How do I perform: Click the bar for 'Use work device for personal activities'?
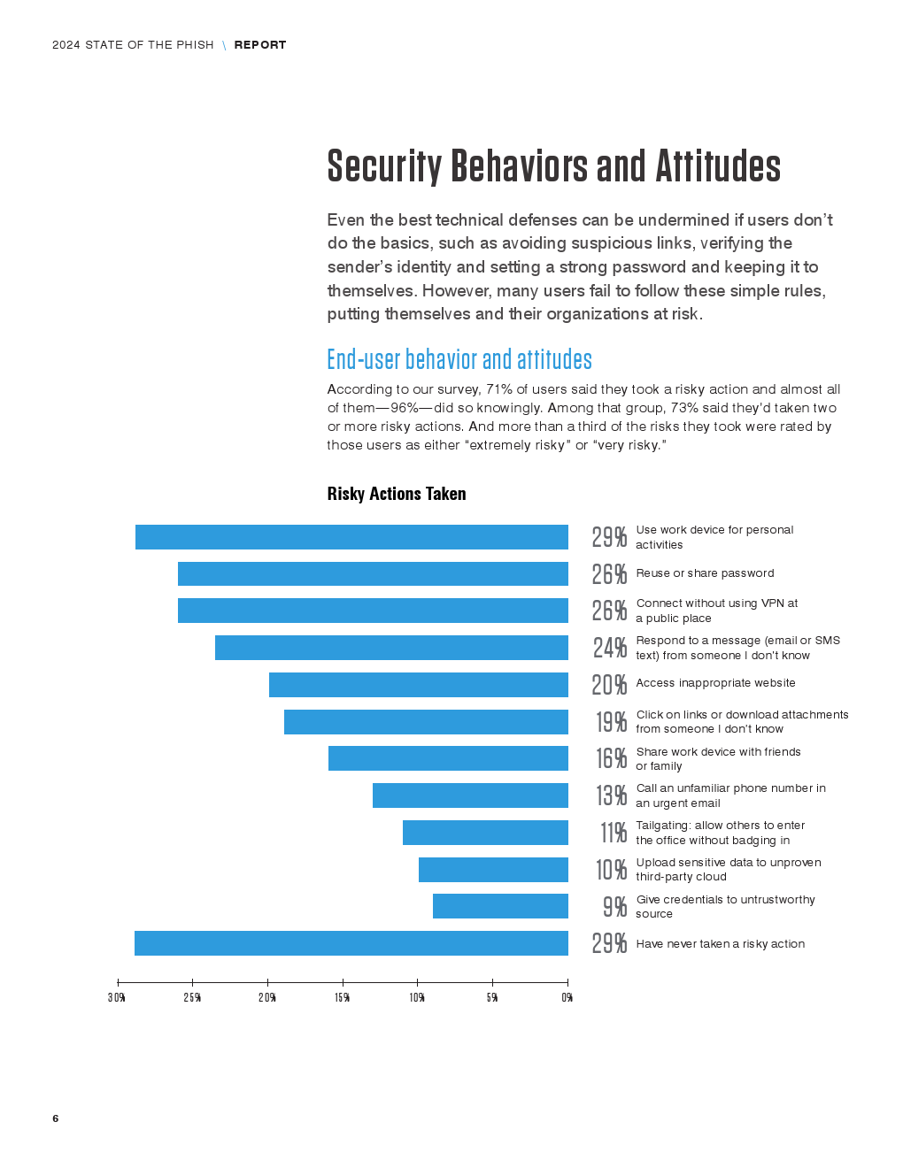pyautogui.click(x=351, y=537)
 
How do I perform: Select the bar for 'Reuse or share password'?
pyautogui.click(x=373, y=573)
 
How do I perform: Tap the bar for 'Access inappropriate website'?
pyautogui.click(x=419, y=685)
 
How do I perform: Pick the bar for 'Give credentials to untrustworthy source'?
pyautogui.click(x=500, y=906)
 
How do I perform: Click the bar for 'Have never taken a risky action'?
pyautogui.click(x=351, y=943)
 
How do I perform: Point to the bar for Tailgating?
pyautogui.click(x=485, y=833)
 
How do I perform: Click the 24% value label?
pyautogui.click(x=610, y=648)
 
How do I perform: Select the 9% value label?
pyautogui.click(x=614, y=907)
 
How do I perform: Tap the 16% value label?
pyautogui.click(x=611, y=758)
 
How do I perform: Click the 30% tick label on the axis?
pyautogui.click(x=117, y=998)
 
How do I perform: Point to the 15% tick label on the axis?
pyautogui.click(x=343, y=998)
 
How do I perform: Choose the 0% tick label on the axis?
pyautogui.click(x=567, y=998)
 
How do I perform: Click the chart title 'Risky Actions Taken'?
pyautogui.click(x=397, y=494)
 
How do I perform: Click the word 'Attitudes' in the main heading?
pyautogui.click(x=718, y=166)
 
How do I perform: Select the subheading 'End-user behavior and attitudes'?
pyautogui.click(x=459, y=359)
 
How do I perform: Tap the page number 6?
pyautogui.click(x=56, y=1118)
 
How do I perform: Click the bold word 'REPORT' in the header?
pyautogui.click(x=260, y=45)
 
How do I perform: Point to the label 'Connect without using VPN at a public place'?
pyautogui.click(x=716, y=611)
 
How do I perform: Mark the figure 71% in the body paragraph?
pyautogui.click(x=498, y=389)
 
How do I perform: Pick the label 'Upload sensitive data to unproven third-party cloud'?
pyautogui.click(x=728, y=870)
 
